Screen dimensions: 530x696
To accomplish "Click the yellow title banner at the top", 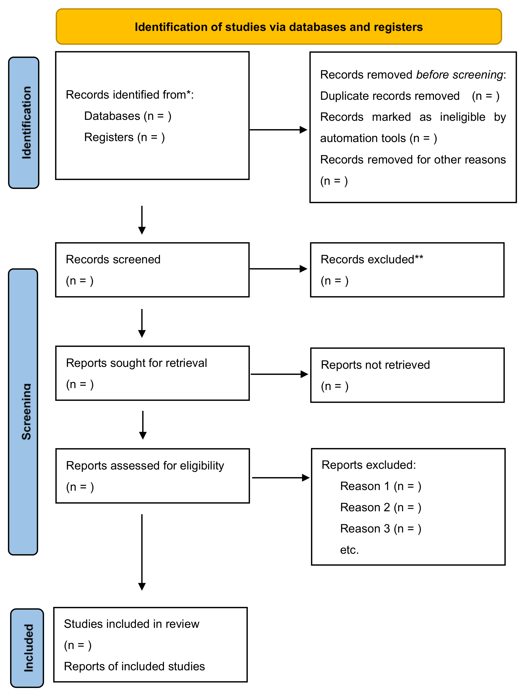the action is tap(279, 26).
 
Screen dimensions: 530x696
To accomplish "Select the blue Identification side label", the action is tap(24, 123).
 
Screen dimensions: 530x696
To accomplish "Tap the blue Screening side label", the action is tap(23, 412).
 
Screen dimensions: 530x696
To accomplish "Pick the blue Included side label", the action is tap(27, 648).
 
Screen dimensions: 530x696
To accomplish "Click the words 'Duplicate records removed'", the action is tap(390, 96).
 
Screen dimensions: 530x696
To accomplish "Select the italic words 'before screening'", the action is tap(460, 75).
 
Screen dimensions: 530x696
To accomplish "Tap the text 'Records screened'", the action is tap(113, 259).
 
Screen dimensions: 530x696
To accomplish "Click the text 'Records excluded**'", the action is tap(372, 259).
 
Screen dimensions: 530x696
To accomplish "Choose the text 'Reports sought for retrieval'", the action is tap(137, 363).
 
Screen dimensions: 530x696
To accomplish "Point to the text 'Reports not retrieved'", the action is tap(375, 365).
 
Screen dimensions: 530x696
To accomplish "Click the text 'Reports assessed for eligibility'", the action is tap(145, 466).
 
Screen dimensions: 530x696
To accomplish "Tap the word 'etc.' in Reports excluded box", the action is tap(350, 550).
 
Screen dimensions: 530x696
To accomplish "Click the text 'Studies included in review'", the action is tap(131, 624).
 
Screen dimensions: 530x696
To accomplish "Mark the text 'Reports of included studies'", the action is tap(135, 666).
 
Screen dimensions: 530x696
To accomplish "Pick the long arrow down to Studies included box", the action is tap(142, 552).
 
